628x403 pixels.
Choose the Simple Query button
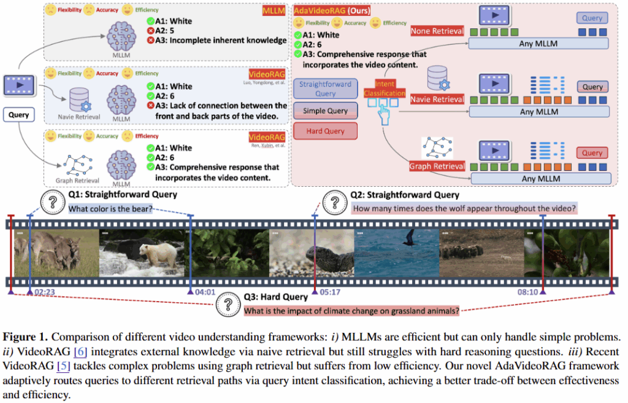(x=326, y=111)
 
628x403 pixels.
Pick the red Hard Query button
(x=326, y=131)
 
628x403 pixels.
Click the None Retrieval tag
(x=437, y=31)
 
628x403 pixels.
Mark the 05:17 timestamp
(x=330, y=292)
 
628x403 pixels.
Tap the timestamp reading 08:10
(x=527, y=292)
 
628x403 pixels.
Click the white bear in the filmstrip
(x=148, y=252)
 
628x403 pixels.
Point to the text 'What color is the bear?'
(x=110, y=209)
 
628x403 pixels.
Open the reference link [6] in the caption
(x=79, y=351)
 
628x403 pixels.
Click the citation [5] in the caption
(x=62, y=366)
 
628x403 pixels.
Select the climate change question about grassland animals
(x=351, y=311)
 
